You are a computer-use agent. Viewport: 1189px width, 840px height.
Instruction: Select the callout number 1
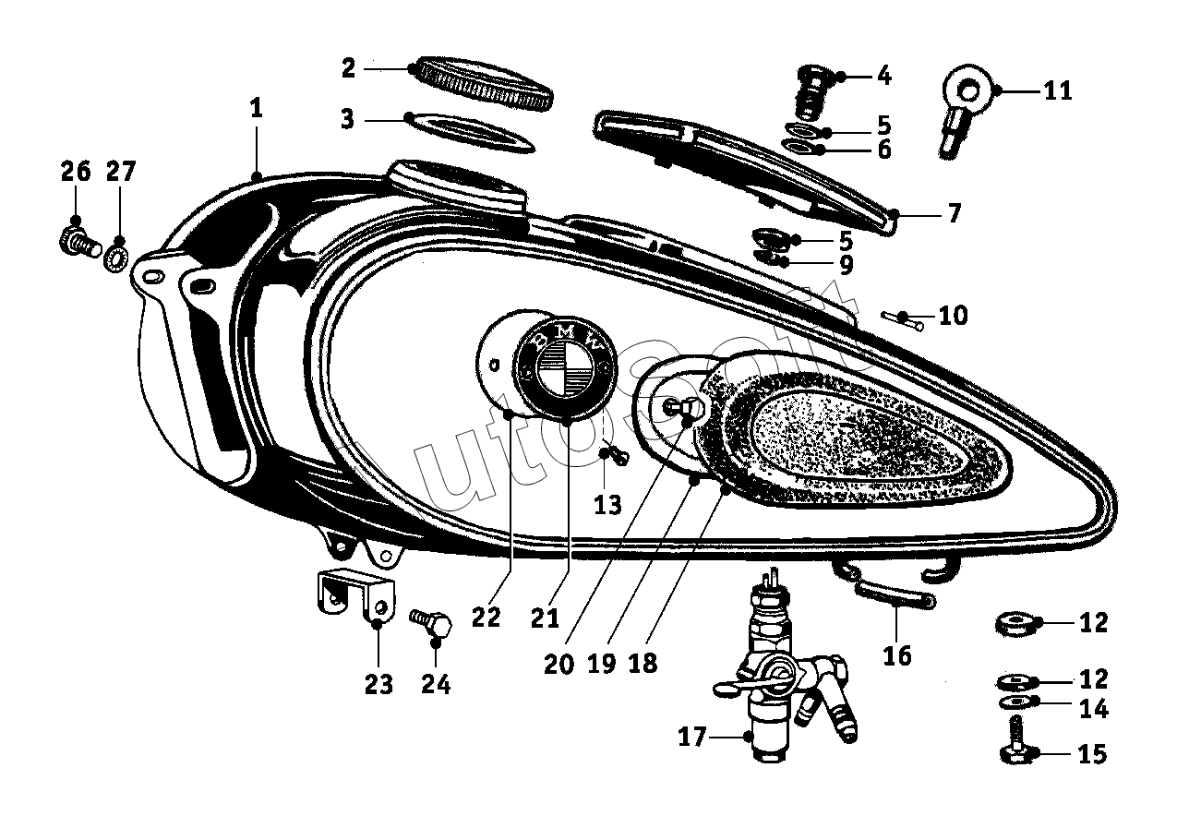point(256,108)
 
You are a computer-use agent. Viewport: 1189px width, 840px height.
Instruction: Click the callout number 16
point(896,655)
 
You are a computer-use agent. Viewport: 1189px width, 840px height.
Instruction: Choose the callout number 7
point(954,214)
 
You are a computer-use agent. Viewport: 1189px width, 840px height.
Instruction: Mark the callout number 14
point(1093,710)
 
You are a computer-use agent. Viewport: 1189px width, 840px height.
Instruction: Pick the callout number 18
point(643,665)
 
